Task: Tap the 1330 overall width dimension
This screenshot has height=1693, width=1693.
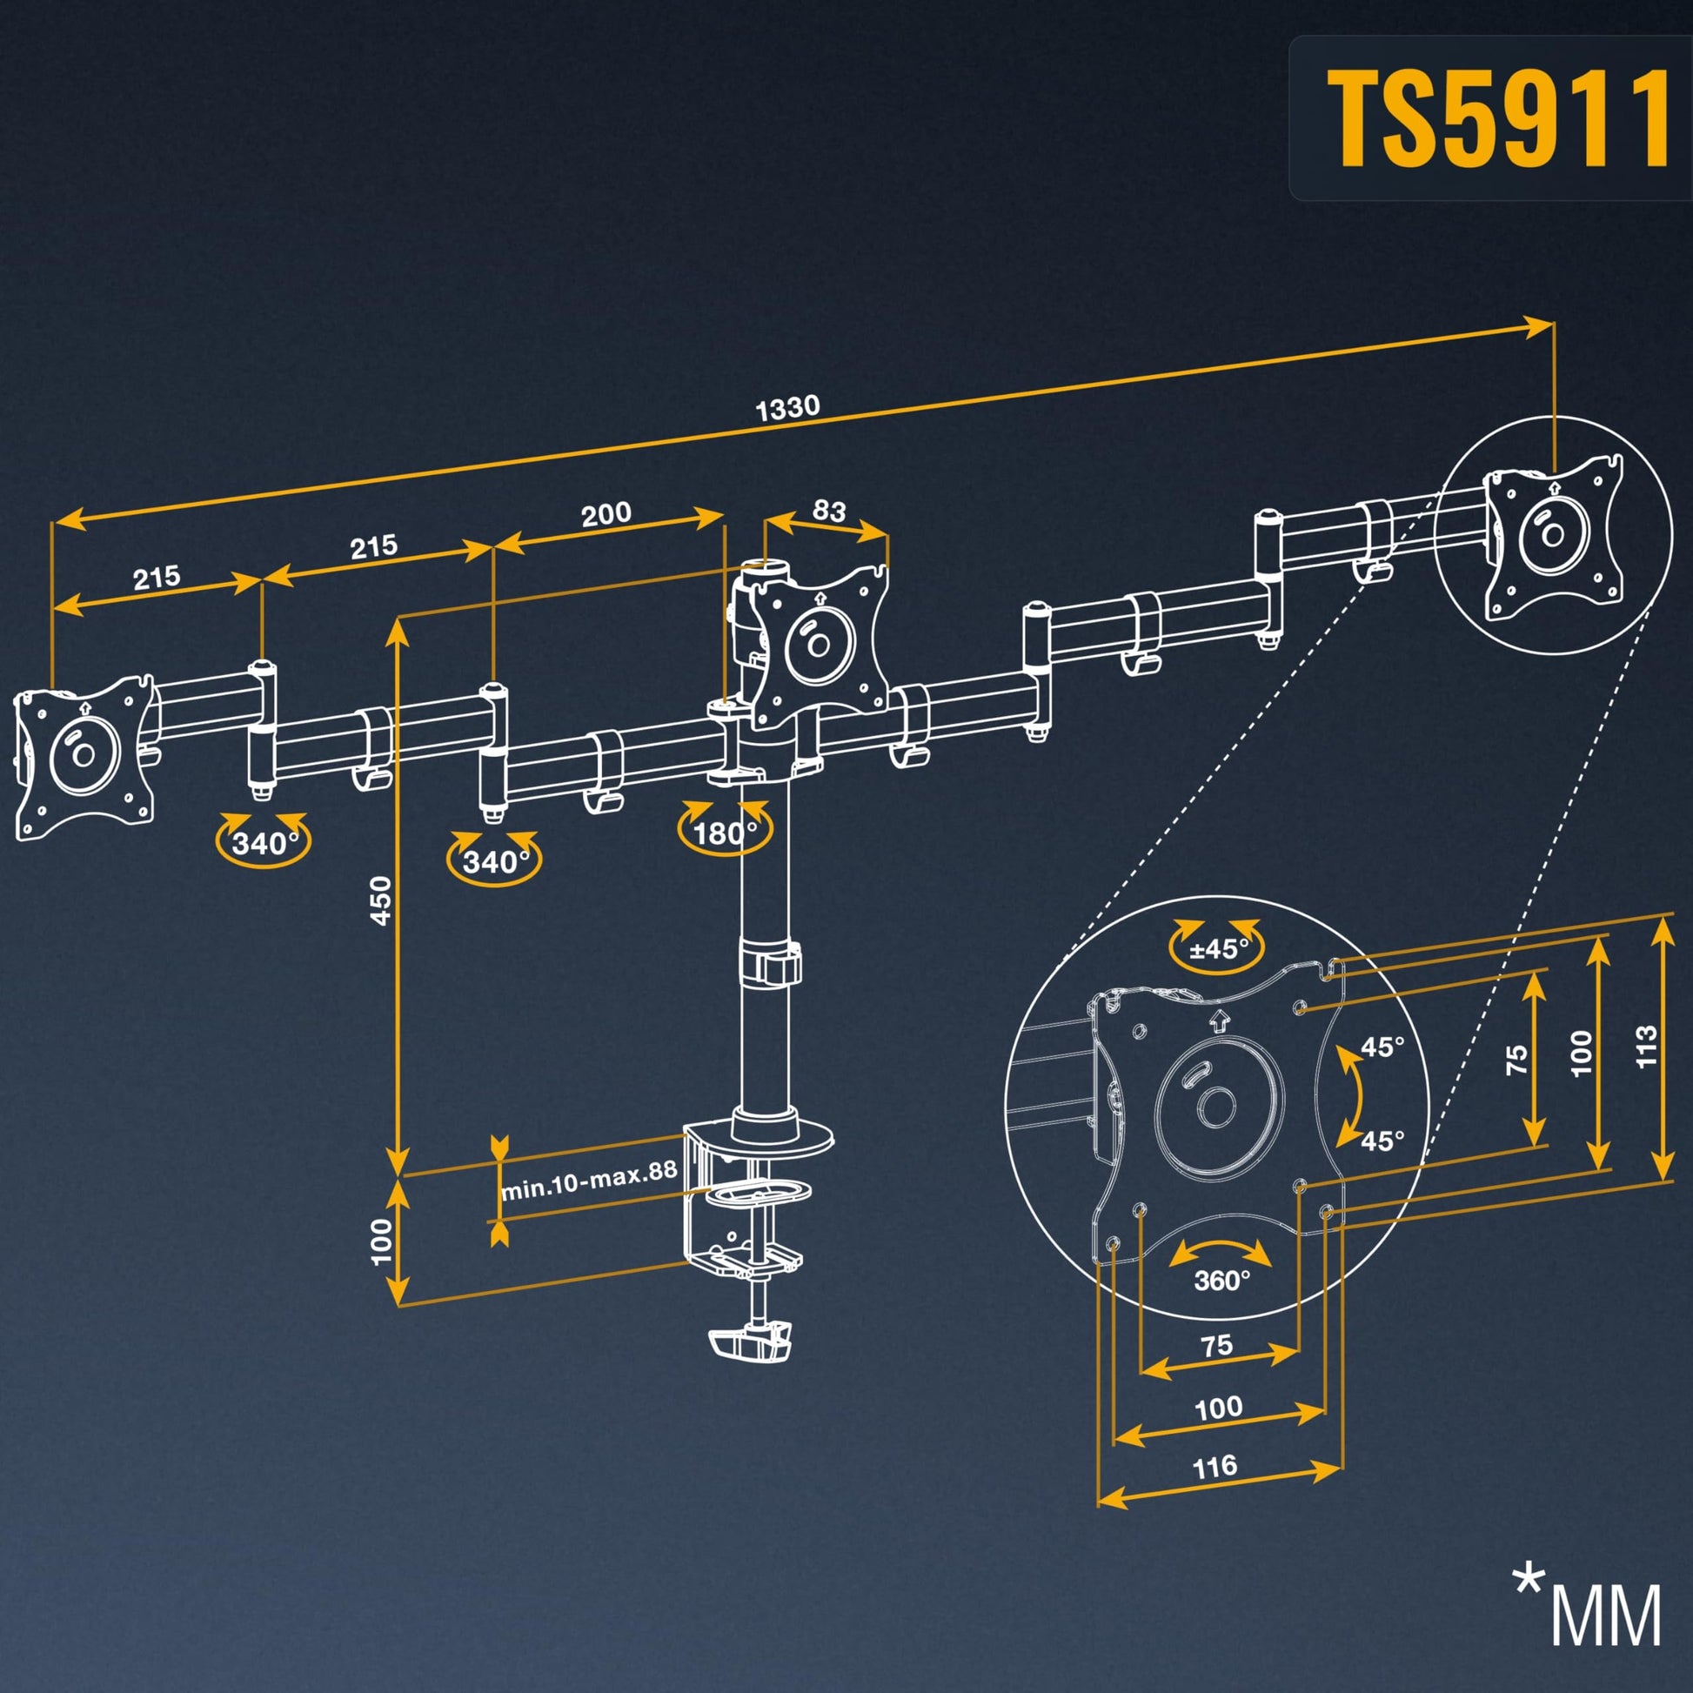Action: pyautogui.click(x=787, y=408)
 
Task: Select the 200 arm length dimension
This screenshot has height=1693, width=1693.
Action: pyautogui.click(x=606, y=513)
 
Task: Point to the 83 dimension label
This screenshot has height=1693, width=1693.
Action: pyautogui.click(x=828, y=511)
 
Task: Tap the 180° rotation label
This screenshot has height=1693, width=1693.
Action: pyautogui.click(x=725, y=833)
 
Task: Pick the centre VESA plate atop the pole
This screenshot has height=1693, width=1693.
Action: pyautogui.click(x=820, y=646)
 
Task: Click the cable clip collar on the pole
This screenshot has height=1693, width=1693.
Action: pyautogui.click(x=771, y=962)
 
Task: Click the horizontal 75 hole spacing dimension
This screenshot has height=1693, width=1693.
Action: pyautogui.click(x=1217, y=1345)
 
